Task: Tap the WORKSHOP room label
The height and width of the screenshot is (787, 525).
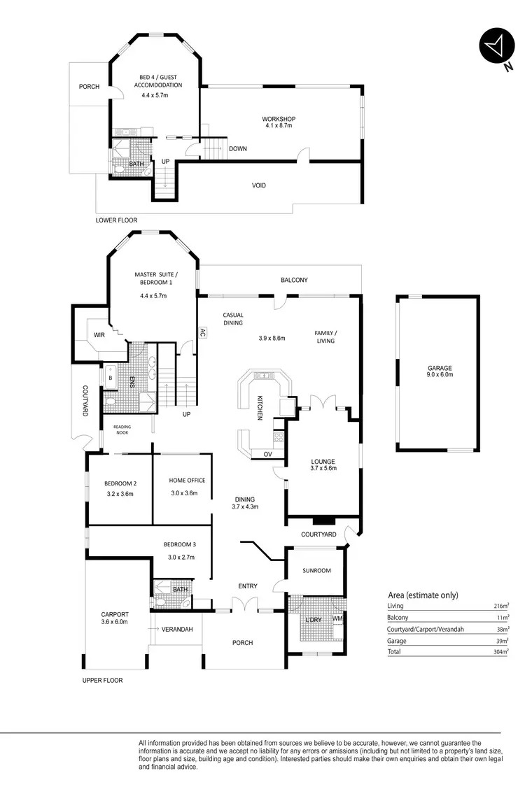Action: point(278,119)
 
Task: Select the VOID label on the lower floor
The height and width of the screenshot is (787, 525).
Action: point(259,185)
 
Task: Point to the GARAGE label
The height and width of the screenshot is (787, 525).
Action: point(440,368)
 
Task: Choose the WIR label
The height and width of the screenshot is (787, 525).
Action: point(99,336)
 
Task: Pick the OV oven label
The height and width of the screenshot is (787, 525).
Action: point(267,453)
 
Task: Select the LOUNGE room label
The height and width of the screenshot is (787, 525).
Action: point(323,462)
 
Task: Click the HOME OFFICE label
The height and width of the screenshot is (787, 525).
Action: point(187,481)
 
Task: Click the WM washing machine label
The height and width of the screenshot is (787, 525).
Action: point(337,618)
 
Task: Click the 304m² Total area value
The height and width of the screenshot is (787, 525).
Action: point(498,652)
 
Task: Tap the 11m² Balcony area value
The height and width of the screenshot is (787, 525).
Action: point(500,618)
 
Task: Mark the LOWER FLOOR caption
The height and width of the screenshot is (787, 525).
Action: point(116,220)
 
